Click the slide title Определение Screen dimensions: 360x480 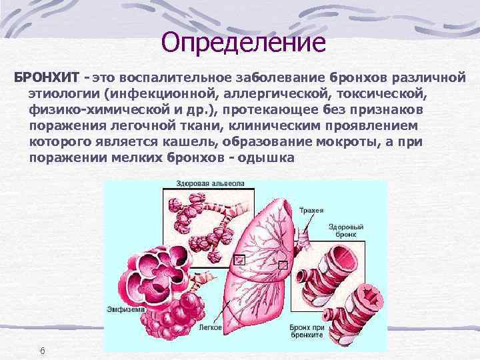click(x=243, y=42)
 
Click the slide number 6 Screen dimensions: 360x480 click(x=41, y=351)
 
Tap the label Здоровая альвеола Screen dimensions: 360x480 click(x=210, y=183)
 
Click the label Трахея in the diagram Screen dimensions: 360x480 click(x=312, y=211)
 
